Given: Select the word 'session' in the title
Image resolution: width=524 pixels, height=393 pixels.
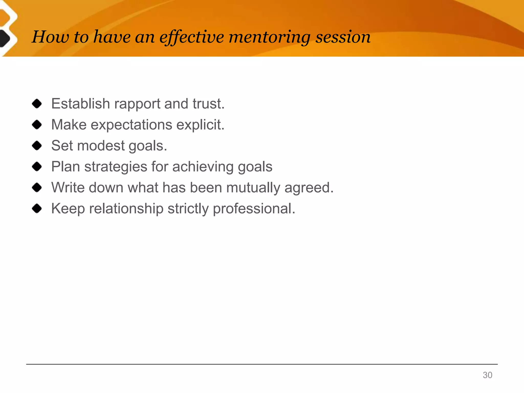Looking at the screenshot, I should click(343, 37).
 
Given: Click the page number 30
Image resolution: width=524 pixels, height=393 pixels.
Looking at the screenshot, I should click(487, 375).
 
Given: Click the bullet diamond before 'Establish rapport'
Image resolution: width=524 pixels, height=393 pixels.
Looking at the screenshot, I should click(37, 104).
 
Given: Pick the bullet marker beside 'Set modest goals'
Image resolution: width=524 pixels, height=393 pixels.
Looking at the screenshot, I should click(37, 146).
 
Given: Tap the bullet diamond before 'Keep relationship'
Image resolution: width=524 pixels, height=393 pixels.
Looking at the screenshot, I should click(37, 209).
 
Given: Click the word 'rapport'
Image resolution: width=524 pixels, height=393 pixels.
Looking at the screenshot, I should click(137, 104).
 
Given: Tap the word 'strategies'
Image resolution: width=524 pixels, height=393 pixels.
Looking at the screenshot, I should click(116, 167).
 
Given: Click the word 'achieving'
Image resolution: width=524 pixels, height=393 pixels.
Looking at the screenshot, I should click(203, 167).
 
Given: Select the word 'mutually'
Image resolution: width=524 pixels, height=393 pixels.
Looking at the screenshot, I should click(253, 188).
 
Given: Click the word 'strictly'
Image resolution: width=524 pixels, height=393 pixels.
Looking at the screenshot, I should click(188, 209).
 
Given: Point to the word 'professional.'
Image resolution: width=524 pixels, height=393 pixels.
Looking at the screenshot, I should click(254, 209).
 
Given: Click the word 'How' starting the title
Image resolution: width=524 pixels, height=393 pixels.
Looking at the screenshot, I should click(50, 37).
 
